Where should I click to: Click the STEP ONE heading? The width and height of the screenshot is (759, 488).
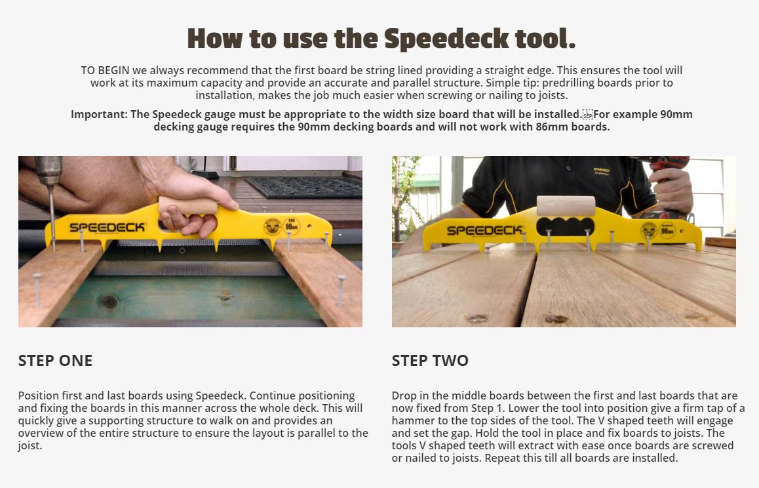click(55, 360)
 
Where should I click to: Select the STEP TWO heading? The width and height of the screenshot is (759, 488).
click(430, 360)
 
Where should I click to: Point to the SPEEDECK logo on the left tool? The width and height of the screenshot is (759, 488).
click(107, 228)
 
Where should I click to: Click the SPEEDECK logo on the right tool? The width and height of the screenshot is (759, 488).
click(484, 230)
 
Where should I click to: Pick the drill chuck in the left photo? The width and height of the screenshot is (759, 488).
click(49, 173)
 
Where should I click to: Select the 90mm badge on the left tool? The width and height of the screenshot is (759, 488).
click(292, 226)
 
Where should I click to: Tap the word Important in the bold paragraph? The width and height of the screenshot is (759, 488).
click(98, 114)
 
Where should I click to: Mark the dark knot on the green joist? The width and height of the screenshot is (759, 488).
click(109, 301)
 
